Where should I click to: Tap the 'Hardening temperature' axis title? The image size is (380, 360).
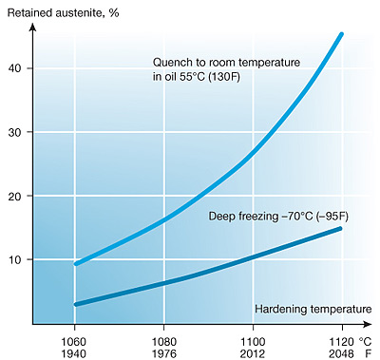pos(313,310)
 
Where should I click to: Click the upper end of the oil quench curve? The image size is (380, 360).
pos(341,34)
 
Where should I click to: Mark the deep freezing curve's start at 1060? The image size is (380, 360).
pos(75,304)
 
